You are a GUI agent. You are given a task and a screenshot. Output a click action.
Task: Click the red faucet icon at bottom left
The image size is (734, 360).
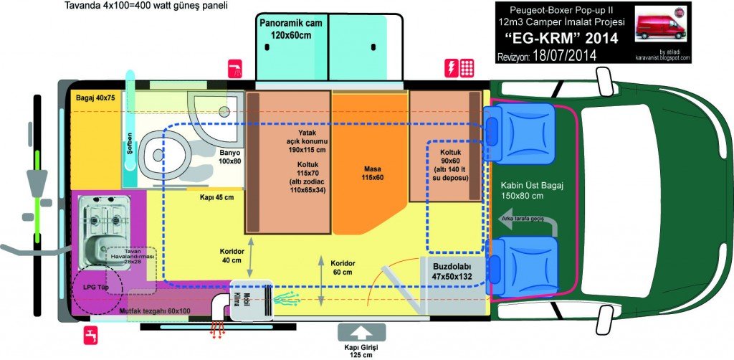pyautogui.click(x=90, y=334)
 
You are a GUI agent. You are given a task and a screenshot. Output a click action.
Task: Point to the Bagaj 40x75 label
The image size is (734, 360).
pyautogui.click(x=95, y=98)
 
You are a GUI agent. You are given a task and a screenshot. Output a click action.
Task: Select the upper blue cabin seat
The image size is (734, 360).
pyautogui.click(x=520, y=125)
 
